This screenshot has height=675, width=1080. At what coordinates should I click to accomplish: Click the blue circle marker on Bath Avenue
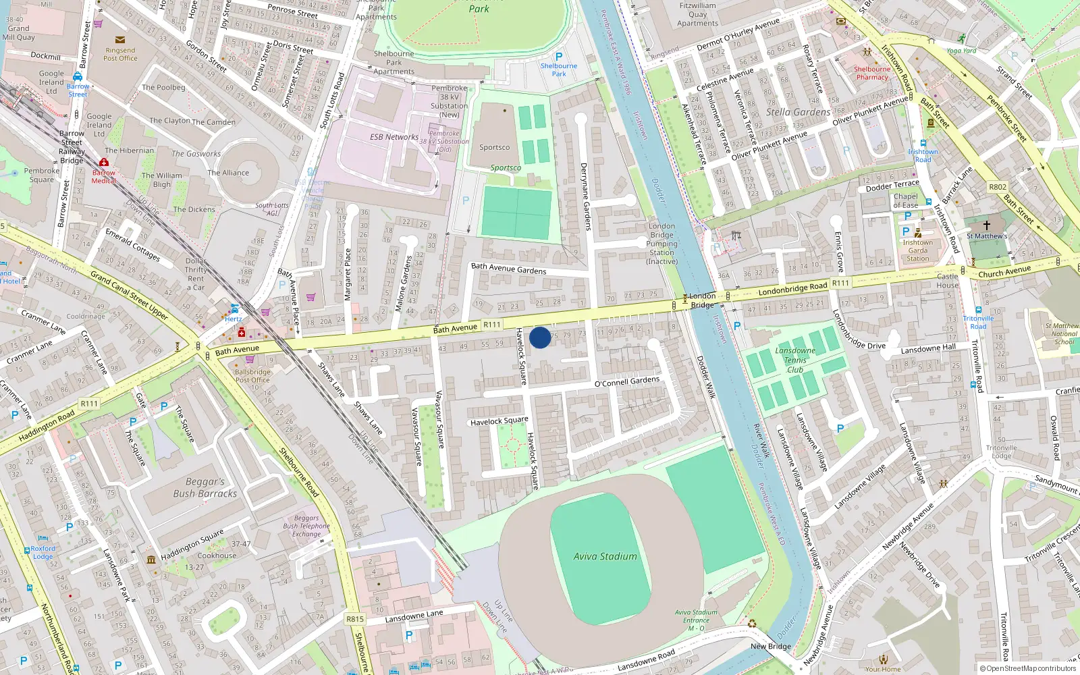540,337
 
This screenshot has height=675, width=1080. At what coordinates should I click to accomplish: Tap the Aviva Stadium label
605,556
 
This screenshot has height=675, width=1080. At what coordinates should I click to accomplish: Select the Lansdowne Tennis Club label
794,360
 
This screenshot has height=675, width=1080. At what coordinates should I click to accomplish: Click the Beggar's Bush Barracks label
205,487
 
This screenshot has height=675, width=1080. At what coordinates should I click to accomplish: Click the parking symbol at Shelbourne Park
558,57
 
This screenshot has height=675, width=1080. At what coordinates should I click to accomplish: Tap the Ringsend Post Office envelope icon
120,40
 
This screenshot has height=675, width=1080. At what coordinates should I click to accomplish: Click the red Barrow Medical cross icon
103,163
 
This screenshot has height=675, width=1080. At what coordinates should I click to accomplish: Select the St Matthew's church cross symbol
986,225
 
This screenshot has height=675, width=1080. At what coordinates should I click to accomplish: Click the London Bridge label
702,300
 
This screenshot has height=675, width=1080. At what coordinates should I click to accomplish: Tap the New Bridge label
770,646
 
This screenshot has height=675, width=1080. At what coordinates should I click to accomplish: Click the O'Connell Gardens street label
626,381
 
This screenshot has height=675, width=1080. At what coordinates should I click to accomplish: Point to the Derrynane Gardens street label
585,196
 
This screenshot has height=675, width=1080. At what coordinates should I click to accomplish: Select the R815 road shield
355,618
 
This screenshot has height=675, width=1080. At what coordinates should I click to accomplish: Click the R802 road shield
997,187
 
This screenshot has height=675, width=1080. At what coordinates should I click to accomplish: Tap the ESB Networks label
394,137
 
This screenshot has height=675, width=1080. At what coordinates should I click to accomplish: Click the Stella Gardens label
798,112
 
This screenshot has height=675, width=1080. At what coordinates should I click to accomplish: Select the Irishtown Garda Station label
917,250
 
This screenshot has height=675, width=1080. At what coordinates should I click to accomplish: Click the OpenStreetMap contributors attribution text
1027,668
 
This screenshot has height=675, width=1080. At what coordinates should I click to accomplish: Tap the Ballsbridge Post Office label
252,376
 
